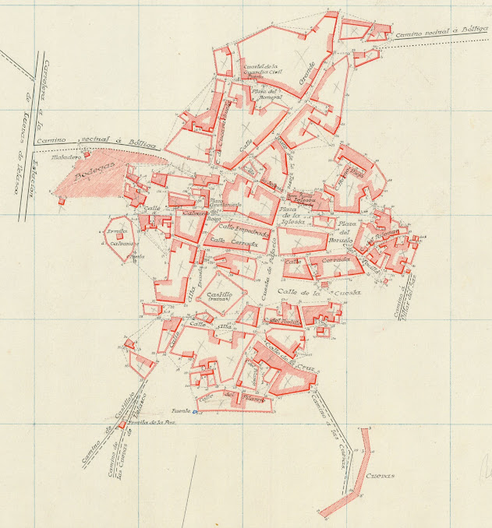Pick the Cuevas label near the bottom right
375,476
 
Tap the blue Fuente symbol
196,412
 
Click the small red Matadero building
87,154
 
